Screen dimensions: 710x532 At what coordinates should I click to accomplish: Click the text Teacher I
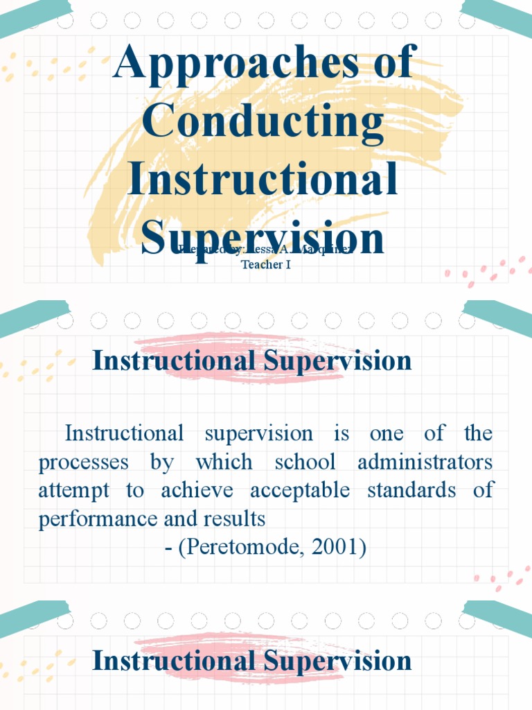tap(266, 264)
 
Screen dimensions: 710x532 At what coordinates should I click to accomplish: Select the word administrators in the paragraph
tap(425, 462)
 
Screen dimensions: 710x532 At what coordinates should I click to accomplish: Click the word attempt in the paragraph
tap(73, 491)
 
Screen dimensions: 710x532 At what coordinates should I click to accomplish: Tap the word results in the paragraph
tap(239, 519)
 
